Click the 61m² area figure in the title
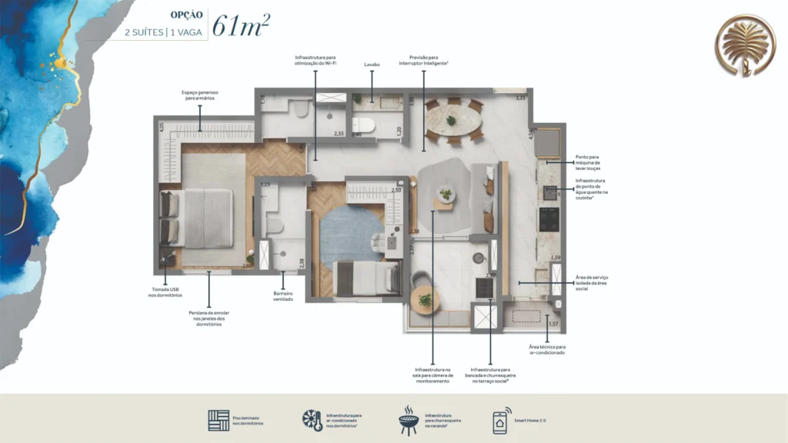coord(240,25)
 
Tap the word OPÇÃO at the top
coord(187,14)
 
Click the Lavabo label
coord(372,65)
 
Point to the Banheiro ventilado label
coord(282,296)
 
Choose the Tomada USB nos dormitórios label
coord(165,292)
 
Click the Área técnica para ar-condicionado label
coord(546,350)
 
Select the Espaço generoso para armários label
coord(200,95)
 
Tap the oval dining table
coord(452,121)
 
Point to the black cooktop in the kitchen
coord(549,219)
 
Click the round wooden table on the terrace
coord(425,299)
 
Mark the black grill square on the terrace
coord(485,287)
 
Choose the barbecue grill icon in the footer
coord(407,421)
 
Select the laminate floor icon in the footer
coord(219,421)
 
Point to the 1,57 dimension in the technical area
coord(553,325)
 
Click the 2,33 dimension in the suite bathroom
coord(339,134)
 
